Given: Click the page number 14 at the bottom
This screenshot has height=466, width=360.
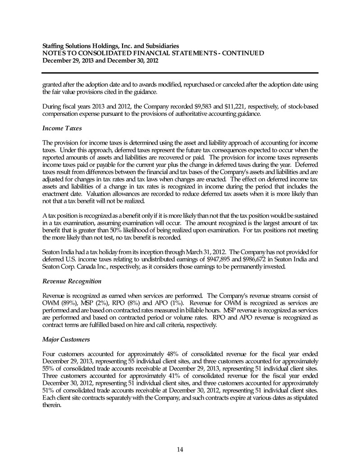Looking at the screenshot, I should [180, 448].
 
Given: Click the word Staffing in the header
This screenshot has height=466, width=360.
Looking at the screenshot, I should [54, 46].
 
